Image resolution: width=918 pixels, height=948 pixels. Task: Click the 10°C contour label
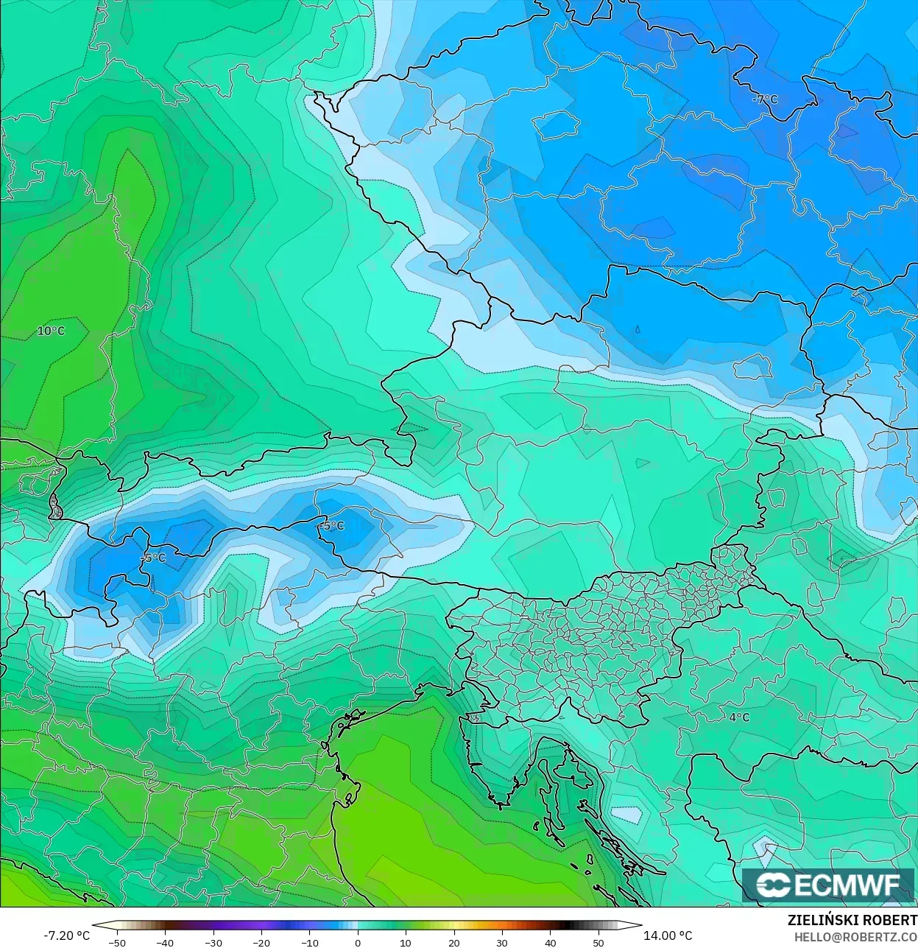point(51,331)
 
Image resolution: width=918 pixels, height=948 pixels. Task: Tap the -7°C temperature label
point(766,99)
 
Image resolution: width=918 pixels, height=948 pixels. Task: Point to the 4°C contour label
point(739,717)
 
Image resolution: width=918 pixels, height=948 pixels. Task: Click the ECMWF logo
point(828,885)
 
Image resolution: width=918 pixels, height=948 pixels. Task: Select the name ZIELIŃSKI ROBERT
point(852,920)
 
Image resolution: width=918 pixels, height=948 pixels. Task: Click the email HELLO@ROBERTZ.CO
point(855,937)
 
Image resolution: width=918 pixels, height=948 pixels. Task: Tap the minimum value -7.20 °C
point(66,935)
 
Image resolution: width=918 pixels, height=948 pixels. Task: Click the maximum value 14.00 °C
point(668,935)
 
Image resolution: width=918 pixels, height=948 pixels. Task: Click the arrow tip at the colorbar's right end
point(640,925)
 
